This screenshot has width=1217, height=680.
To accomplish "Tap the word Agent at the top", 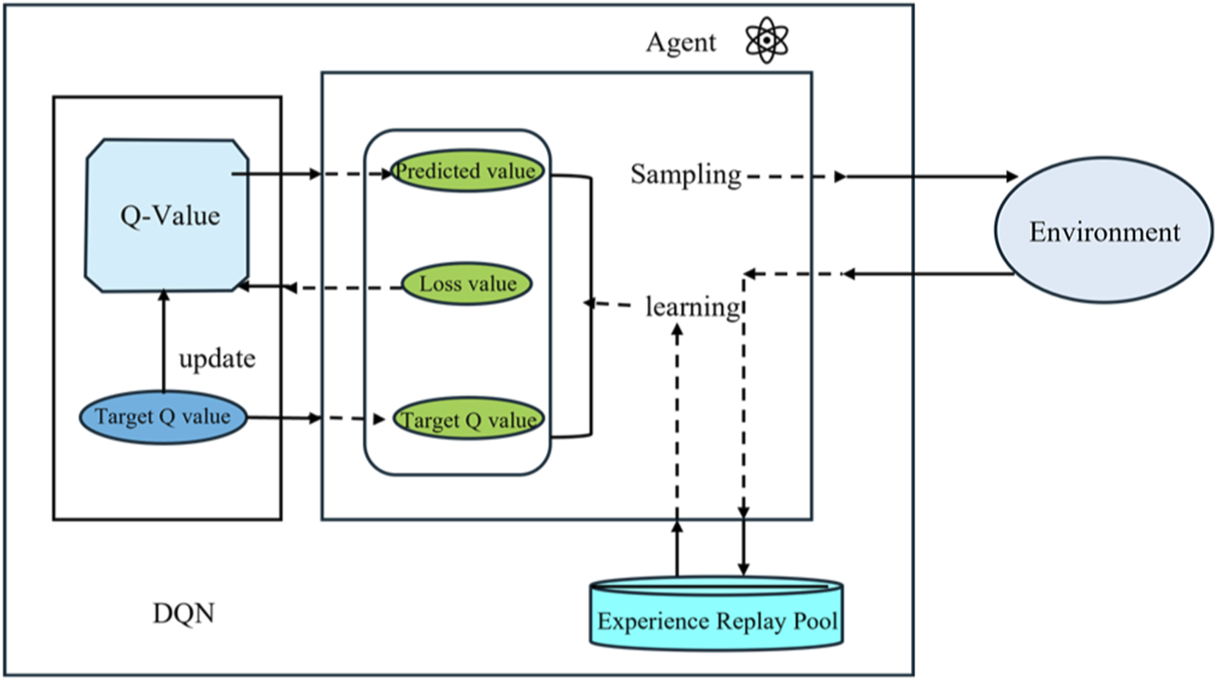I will [681, 42].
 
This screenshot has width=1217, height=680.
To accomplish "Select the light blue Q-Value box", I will [167, 216].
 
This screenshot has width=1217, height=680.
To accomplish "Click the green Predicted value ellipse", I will [467, 171].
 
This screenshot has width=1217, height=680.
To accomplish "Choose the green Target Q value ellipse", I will [469, 420].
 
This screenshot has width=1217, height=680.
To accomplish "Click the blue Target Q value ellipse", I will [163, 416].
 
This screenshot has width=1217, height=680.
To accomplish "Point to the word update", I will [217, 359].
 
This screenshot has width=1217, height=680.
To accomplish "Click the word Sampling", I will [685, 174].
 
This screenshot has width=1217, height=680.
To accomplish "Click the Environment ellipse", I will [1104, 232].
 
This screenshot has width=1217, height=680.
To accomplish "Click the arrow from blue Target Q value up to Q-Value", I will [163, 342].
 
